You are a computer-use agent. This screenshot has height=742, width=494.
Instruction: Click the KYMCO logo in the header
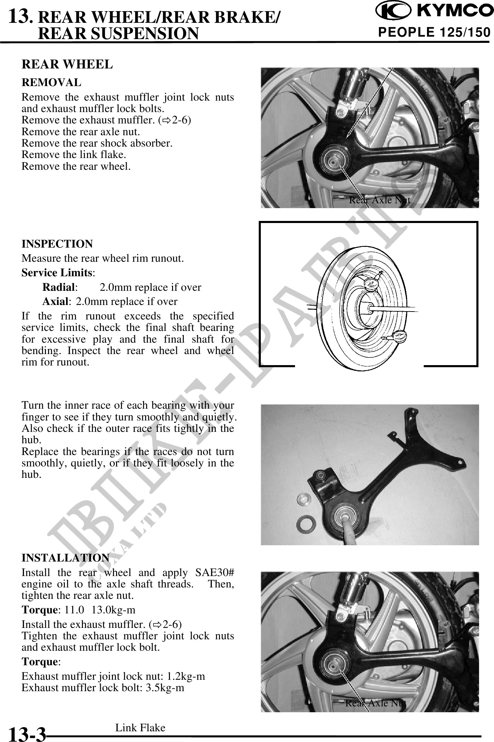(x=435, y=11)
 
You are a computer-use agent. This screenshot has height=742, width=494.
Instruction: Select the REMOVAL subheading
(x=51, y=83)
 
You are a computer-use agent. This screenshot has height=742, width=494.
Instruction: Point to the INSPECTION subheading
(x=57, y=244)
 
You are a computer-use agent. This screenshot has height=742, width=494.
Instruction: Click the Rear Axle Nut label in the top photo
(x=380, y=200)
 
